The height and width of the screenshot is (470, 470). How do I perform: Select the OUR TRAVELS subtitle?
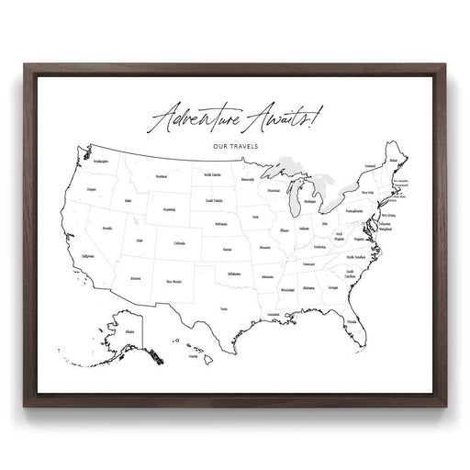233,144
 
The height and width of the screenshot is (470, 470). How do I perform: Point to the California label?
88,257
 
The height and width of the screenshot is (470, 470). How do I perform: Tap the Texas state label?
223,309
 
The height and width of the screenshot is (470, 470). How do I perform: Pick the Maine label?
395,161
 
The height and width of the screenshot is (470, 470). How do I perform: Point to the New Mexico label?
173,282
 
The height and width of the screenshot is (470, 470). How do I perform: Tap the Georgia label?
330,288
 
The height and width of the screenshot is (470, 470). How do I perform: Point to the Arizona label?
135,277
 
